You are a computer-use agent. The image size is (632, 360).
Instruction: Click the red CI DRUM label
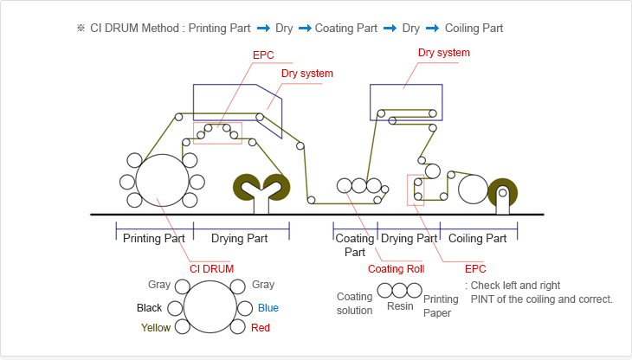(x=212, y=268)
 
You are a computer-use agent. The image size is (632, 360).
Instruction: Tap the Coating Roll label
(x=396, y=268)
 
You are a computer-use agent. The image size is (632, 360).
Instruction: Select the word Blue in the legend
(x=268, y=307)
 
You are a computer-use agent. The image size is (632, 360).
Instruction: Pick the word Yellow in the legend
(x=156, y=328)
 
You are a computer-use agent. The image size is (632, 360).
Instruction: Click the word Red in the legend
(x=261, y=328)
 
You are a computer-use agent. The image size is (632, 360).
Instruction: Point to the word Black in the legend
(x=149, y=307)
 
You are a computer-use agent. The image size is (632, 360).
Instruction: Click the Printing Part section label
(x=154, y=238)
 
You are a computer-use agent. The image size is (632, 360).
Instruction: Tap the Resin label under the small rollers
(x=400, y=305)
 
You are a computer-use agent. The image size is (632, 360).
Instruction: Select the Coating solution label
(x=354, y=303)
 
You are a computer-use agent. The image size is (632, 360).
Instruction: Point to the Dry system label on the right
(x=444, y=53)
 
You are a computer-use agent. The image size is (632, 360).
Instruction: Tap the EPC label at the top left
(x=264, y=55)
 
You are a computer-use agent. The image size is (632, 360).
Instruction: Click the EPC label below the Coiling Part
(x=476, y=268)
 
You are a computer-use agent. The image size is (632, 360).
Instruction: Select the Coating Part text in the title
(x=346, y=28)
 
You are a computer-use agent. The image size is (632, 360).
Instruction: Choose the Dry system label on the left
(x=307, y=74)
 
